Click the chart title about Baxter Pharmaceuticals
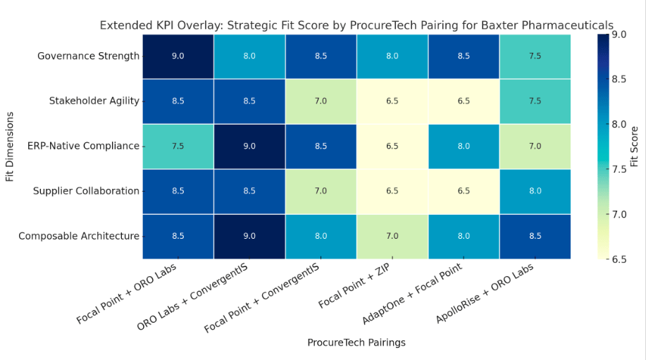(x=356, y=25)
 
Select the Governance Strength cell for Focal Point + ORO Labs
(x=178, y=56)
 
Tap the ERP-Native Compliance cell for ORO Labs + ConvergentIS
(x=249, y=146)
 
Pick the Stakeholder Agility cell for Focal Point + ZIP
(x=392, y=101)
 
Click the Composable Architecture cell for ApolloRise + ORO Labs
(x=535, y=236)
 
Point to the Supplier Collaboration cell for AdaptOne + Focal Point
(x=464, y=191)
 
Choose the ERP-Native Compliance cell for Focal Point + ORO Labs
(x=178, y=146)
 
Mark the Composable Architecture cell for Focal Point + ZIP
(x=392, y=236)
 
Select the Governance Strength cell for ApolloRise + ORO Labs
(x=535, y=56)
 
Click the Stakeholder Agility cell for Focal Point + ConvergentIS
(x=321, y=101)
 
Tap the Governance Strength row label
(x=89, y=56)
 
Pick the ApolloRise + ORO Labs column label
(x=486, y=294)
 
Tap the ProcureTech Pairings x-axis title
(x=356, y=342)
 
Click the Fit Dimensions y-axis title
(x=10, y=146)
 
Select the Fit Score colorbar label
(x=634, y=146)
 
